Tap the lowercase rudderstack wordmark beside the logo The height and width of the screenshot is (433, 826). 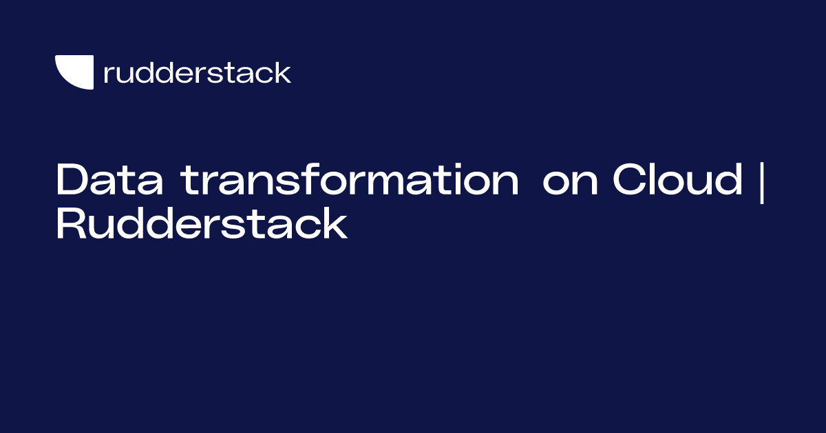(x=197, y=72)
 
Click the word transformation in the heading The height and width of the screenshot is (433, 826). (x=350, y=181)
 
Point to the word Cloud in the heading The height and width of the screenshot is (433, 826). (x=678, y=181)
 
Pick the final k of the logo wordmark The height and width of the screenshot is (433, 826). (x=283, y=72)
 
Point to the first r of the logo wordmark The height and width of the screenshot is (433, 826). (x=108, y=74)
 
